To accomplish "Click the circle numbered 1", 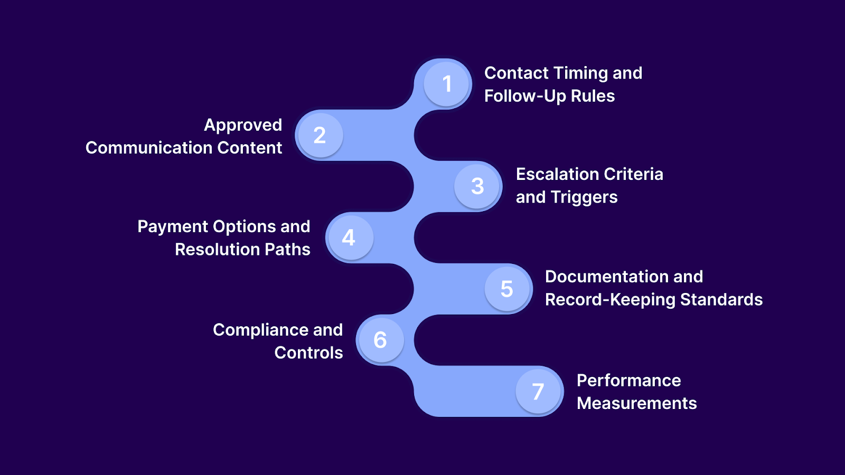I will pos(447,84).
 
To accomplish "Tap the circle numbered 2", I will pos(319,135).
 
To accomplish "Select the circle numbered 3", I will pos(477,186).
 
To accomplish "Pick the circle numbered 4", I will pos(349,237).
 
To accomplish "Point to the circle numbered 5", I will pos(507,289).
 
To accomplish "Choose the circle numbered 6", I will pos(380,340).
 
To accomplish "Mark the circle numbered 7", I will pos(538,391).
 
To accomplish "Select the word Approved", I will pos(243,125).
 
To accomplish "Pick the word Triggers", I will pos(584,197).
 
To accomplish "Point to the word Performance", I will pos(628,381).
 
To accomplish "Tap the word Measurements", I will pos(636,403).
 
